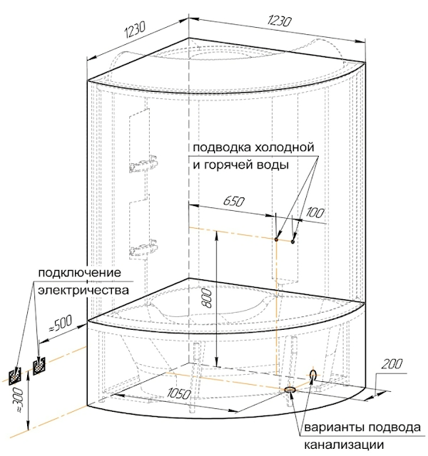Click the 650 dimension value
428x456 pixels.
point(232,202)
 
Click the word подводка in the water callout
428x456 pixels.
point(218,148)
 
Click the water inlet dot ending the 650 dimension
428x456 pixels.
point(276,239)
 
